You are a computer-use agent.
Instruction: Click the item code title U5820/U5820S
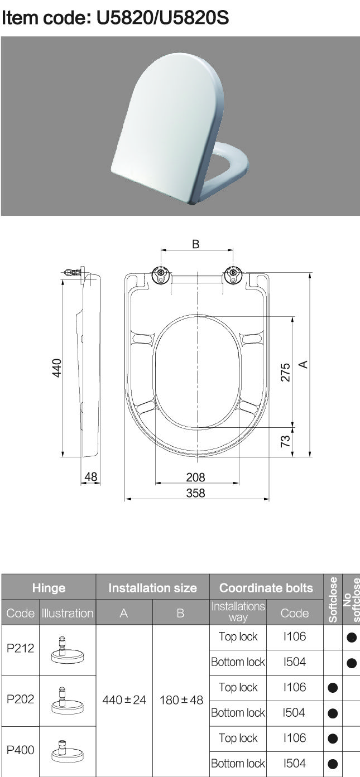pyautogui.click(x=115, y=17)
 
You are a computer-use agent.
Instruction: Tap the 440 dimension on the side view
pyautogui.click(x=56, y=368)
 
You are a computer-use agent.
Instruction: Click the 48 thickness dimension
pyautogui.click(x=91, y=476)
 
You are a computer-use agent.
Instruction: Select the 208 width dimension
pyautogui.click(x=195, y=477)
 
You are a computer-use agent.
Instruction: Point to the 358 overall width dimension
pyautogui.click(x=195, y=493)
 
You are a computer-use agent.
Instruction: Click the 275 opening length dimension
pyautogui.click(x=285, y=372)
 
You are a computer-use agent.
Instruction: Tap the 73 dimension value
pyautogui.click(x=285, y=441)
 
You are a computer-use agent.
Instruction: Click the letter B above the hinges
pyautogui.click(x=196, y=244)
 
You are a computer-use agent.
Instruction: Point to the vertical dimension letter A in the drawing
pyautogui.click(x=303, y=364)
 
